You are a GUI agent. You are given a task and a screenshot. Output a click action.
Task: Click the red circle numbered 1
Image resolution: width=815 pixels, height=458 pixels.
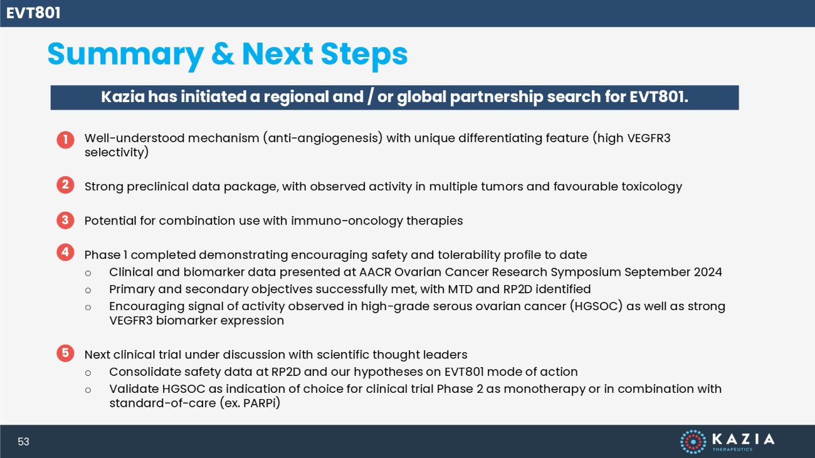(65, 140)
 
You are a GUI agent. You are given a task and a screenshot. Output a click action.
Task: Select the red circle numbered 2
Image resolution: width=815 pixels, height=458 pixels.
(65, 185)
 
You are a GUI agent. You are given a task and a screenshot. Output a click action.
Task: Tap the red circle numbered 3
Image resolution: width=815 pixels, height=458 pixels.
(65, 220)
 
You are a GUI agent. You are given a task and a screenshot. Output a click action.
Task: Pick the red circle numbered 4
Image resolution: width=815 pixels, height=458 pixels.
(65, 252)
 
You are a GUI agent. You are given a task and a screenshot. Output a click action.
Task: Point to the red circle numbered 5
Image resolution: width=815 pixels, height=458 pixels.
(65, 353)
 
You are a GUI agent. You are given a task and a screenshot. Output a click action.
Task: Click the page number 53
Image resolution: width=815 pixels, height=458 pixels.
(23, 442)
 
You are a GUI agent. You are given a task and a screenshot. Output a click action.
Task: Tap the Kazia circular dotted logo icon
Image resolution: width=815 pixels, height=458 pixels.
(693, 442)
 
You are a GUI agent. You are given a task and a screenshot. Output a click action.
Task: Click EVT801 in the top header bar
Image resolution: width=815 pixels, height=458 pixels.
(33, 13)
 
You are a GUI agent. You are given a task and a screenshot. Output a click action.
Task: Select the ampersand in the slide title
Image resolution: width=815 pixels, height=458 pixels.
(223, 54)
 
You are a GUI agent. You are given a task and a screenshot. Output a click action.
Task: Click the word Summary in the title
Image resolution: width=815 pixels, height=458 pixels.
(125, 55)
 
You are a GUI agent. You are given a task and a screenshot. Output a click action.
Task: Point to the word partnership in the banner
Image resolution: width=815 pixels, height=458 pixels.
(497, 97)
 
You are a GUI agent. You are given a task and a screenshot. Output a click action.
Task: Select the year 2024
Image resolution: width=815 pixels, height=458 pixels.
(708, 272)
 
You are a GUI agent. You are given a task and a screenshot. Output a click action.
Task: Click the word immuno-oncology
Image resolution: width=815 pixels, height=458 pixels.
(347, 221)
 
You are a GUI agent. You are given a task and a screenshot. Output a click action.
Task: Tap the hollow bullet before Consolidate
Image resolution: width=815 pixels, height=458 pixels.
(88, 373)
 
